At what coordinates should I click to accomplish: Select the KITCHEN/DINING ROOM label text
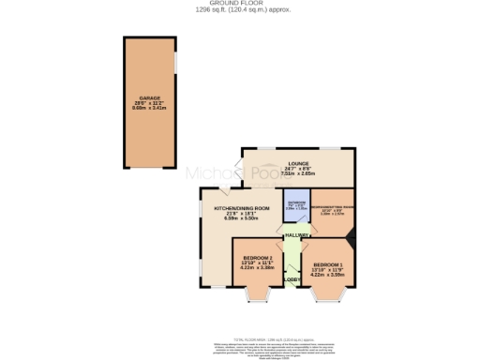(242, 208)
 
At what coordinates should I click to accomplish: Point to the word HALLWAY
(297, 235)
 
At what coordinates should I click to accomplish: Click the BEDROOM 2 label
(258, 258)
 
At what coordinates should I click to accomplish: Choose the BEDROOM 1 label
(328, 265)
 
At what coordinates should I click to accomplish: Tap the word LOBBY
(292, 278)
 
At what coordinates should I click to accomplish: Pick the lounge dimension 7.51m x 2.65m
(299, 173)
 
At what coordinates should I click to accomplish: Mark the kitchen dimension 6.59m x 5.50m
(242, 218)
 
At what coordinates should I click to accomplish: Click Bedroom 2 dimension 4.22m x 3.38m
(258, 268)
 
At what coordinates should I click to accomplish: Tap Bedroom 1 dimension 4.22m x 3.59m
(328, 276)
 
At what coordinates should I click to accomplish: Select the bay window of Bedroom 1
(329, 298)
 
